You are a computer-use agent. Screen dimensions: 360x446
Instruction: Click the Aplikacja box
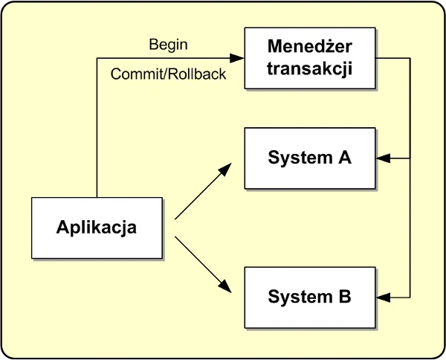(x=96, y=227)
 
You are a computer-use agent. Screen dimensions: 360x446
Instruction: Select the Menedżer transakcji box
(x=309, y=59)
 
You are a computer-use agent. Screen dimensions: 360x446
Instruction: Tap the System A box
(x=309, y=158)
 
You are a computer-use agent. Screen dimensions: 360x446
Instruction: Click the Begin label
(x=168, y=45)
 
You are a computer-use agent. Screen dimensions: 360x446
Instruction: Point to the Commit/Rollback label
(x=168, y=74)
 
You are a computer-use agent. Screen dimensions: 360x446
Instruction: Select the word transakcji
(x=310, y=69)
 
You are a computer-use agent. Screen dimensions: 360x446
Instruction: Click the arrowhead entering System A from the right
(x=381, y=158)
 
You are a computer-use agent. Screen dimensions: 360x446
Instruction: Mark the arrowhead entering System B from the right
(x=381, y=297)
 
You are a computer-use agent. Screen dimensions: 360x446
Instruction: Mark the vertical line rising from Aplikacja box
(x=97, y=126)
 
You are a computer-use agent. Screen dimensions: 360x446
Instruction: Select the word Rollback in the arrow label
(x=200, y=74)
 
